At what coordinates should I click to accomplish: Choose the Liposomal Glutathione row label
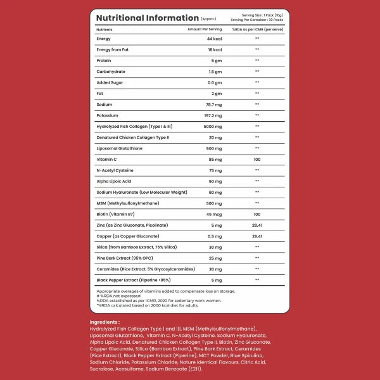120,148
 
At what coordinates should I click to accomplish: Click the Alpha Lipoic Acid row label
115,181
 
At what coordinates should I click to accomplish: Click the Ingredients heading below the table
104,322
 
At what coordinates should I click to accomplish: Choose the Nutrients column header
104,29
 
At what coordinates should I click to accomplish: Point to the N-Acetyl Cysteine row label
115,170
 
